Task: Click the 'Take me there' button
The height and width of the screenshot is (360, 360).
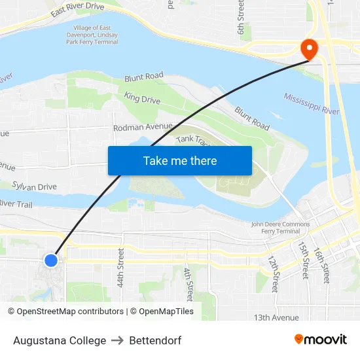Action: [180, 160]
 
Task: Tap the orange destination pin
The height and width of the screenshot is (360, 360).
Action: [308, 48]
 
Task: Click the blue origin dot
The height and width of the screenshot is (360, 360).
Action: [51, 260]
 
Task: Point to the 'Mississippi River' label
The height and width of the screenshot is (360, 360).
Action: [312, 104]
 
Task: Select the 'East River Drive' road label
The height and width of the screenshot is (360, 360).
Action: [77, 10]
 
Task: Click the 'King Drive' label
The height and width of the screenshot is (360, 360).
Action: [142, 99]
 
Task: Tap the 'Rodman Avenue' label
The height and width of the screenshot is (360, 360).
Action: [143, 127]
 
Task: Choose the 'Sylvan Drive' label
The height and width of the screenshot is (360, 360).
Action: [34, 187]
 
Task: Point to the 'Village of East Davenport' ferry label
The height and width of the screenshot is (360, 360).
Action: [91, 34]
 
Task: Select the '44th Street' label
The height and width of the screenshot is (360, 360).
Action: [120, 268]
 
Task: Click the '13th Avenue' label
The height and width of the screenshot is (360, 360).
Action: [276, 317]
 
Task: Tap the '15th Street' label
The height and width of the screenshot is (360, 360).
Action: [304, 260]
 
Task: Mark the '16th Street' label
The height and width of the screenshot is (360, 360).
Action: [320, 262]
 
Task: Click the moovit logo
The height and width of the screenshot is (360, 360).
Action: [320, 340]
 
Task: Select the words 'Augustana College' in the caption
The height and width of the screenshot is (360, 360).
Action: [59, 340]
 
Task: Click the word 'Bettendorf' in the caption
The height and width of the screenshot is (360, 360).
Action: [155, 340]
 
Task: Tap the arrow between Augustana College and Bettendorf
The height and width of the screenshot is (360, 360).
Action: [118, 340]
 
